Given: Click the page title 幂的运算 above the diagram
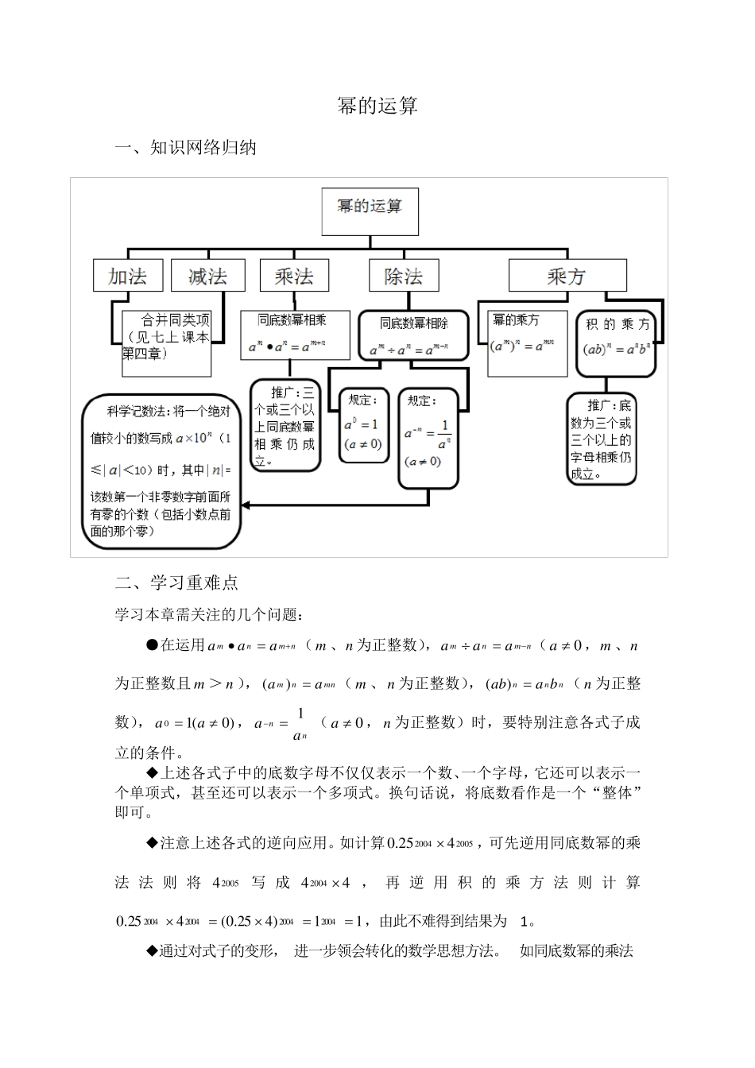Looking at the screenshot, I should [377, 106].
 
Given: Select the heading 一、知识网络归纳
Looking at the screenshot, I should [186, 148].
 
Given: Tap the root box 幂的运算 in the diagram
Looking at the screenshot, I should [370, 211].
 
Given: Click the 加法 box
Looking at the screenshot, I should [128, 276].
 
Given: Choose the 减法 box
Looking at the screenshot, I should [207, 276].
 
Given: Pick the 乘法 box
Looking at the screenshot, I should [294, 276].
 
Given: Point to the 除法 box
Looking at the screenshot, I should [404, 276].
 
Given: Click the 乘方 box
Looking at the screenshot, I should [567, 276].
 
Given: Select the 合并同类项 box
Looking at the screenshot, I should [166, 342].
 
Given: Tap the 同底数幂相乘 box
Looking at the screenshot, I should [294, 335].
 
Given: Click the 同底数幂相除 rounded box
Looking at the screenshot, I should [413, 336].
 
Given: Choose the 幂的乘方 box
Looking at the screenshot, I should [527, 342].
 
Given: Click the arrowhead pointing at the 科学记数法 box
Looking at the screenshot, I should [246, 505].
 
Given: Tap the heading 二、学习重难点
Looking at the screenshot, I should [176, 583].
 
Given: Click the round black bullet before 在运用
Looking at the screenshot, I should [153, 645].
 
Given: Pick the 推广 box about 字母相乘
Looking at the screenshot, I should [602, 439].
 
